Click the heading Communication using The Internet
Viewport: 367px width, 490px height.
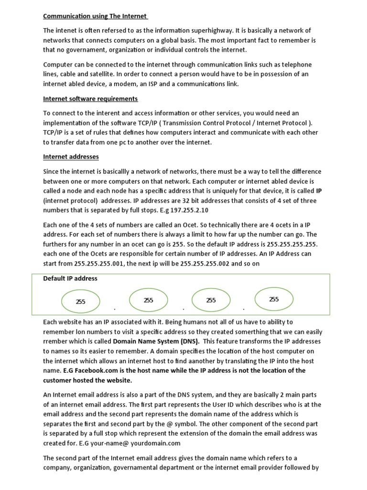(x=95, y=16)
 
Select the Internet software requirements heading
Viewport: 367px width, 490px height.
(x=90, y=99)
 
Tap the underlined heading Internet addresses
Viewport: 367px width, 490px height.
(x=71, y=156)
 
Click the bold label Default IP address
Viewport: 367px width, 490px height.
(x=70, y=278)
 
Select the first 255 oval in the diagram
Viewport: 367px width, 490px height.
(x=80, y=302)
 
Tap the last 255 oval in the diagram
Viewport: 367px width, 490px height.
(x=274, y=300)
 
